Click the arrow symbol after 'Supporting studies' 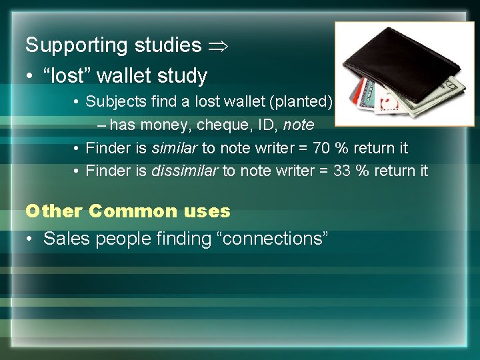219,45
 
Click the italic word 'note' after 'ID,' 299,125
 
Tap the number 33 343,171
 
